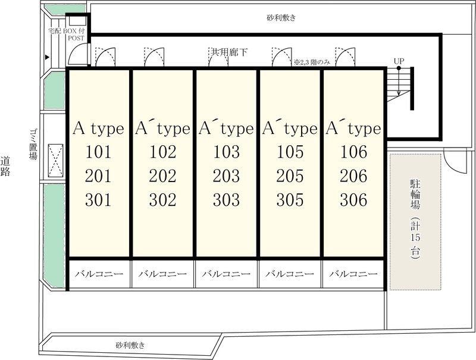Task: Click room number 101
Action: pos(98,152)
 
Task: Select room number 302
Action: pos(162,200)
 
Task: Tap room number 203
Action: pos(226,176)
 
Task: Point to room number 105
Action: pos(290,152)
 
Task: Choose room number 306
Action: pos(353,200)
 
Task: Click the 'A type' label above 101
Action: pos(98,129)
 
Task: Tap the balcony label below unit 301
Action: pos(99,274)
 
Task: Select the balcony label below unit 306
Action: pos(353,274)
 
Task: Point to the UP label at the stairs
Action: pos(399,61)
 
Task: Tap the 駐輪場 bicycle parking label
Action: pos(415,194)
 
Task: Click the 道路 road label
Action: pos(5,166)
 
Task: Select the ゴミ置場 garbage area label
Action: pos(33,144)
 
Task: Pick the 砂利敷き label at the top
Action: pos(281,18)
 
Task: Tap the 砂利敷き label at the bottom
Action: pos(130,345)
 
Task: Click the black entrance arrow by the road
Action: pos(47,57)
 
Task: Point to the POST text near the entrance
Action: pos(76,38)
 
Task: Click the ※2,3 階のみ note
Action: pos(312,62)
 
